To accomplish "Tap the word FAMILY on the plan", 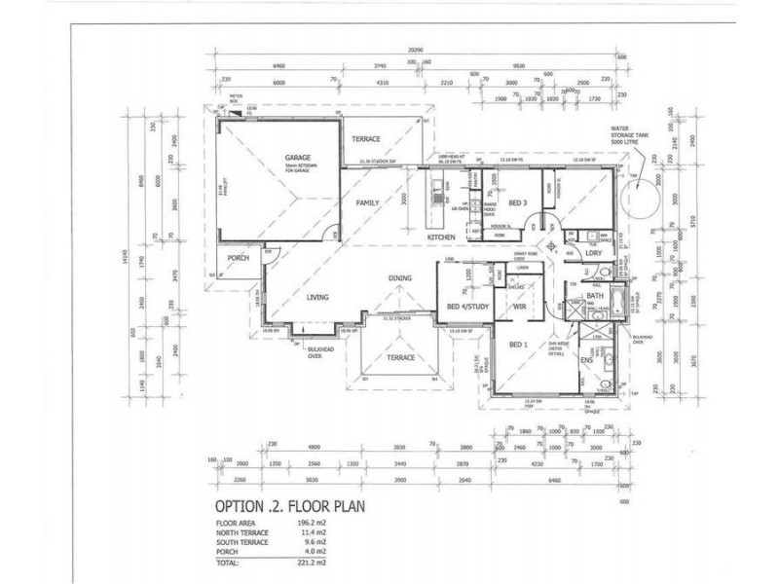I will [x=367, y=202].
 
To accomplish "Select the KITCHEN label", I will [x=444, y=237].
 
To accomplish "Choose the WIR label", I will [x=520, y=309].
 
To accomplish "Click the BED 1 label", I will [x=518, y=345].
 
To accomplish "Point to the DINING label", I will [x=401, y=277].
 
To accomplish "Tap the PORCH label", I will [x=239, y=258].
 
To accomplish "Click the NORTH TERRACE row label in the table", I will [x=244, y=533].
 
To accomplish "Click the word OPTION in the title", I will [x=237, y=506].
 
